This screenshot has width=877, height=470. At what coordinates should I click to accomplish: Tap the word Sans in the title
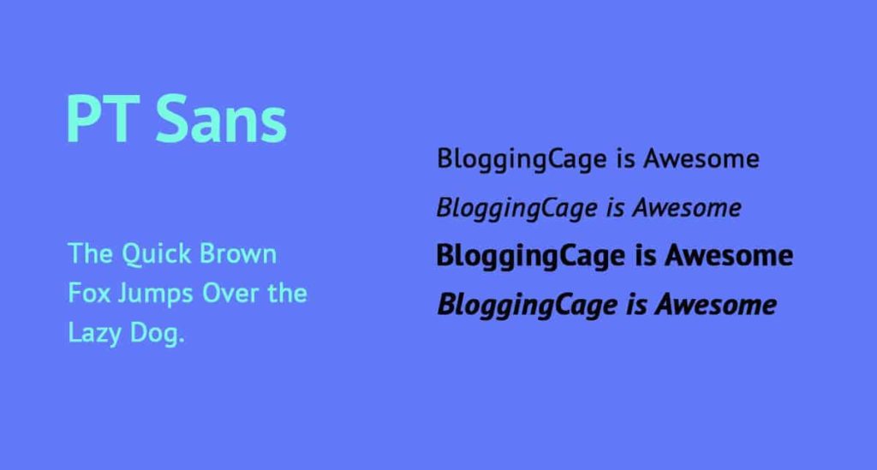click(221, 120)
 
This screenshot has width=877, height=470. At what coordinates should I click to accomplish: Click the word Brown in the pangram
click(238, 253)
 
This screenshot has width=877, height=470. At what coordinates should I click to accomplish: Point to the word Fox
click(89, 294)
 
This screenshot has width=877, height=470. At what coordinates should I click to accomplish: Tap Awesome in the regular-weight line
click(701, 158)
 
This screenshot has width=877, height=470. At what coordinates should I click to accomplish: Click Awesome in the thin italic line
click(687, 208)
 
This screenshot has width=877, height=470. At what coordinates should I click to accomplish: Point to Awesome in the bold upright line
click(729, 255)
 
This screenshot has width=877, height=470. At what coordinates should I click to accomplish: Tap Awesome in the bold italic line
click(716, 305)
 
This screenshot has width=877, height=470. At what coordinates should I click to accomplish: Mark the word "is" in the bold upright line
click(646, 255)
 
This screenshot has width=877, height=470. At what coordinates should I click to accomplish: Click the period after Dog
click(182, 341)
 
